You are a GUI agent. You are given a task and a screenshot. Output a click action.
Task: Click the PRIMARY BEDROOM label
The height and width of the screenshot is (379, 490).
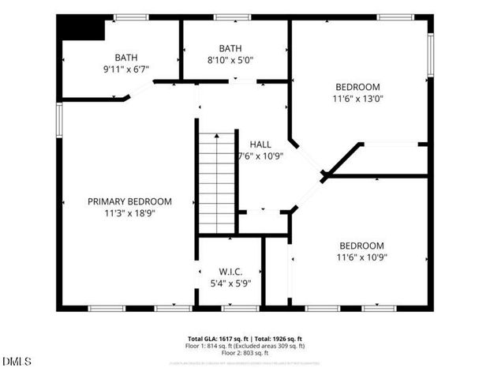point(129,201)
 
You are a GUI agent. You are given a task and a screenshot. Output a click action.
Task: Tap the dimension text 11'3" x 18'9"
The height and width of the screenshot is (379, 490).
point(129,212)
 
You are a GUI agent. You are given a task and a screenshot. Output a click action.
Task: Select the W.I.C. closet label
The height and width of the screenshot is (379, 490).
point(230,271)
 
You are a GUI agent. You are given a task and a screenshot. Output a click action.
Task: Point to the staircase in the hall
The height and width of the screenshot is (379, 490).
point(217,182)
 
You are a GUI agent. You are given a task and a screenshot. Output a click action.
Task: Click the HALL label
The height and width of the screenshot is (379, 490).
point(260,144)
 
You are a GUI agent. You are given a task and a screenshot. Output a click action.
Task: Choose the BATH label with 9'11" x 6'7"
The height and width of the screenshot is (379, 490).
point(125,57)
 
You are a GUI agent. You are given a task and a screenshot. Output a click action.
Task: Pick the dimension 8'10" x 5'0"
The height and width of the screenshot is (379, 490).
point(230,59)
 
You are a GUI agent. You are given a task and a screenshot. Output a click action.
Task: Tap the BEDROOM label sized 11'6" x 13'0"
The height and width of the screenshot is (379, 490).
point(357,87)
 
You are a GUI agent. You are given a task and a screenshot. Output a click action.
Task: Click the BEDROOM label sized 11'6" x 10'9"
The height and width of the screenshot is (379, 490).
point(361,246)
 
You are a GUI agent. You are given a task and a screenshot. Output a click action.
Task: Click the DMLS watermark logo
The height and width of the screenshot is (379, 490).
point(17,362)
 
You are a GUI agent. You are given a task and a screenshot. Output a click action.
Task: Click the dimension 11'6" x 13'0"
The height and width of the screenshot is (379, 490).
point(357,99)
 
